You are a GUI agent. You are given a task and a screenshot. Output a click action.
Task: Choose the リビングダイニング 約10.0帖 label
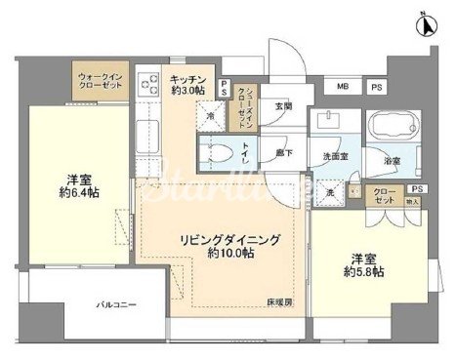pos(229,244)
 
